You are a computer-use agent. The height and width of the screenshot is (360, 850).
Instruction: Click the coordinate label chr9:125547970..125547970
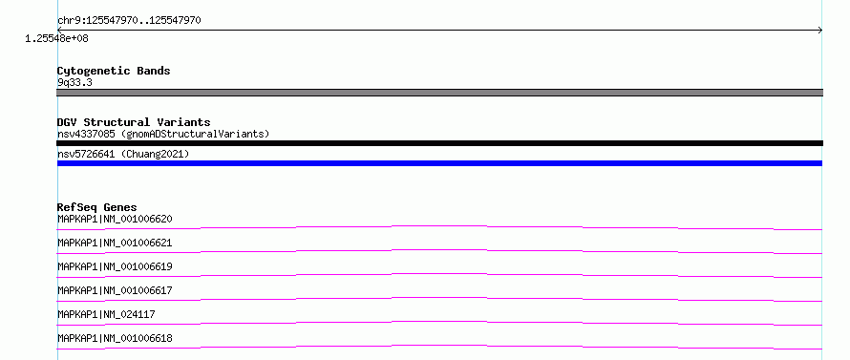[x=129, y=21]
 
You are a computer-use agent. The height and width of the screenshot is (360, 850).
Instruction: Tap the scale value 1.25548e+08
[x=57, y=39]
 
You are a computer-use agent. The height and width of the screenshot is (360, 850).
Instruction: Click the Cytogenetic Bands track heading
[x=114, y=71]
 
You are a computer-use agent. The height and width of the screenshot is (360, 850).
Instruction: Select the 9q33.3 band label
[x=74, y=82]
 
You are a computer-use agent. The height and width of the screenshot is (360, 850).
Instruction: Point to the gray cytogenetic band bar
[x=439, y=93]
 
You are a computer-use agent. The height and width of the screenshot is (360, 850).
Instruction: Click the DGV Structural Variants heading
[x=134, y=122]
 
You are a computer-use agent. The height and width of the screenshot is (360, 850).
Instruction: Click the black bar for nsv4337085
[x=439, y=143]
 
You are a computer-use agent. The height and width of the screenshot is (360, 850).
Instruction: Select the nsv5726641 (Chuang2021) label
[x=123, y=155]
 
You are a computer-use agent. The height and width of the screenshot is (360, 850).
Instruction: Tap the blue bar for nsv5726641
[x=439, y=163]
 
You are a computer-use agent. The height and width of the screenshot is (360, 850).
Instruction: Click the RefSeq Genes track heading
[x=97, y=207]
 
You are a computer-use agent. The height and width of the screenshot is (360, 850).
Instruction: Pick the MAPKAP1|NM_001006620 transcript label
[x=115, y=219]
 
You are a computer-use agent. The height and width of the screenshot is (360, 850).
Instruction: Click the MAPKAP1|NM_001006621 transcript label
[x=115, y=243]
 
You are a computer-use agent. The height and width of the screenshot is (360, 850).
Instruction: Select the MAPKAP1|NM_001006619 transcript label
[x=115, y=266]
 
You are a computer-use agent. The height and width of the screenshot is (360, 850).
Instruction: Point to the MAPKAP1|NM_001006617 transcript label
[x=115, y=290]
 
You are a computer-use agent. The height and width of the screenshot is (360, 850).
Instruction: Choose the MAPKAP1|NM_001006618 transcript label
[x=115, y=338]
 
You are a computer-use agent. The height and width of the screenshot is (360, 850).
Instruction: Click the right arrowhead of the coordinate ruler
[x=820, y=31]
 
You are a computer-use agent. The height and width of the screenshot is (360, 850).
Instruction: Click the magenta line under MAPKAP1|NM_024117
[x=439, y=322]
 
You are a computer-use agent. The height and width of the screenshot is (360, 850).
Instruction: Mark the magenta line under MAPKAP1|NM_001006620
[x=439, y=225]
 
